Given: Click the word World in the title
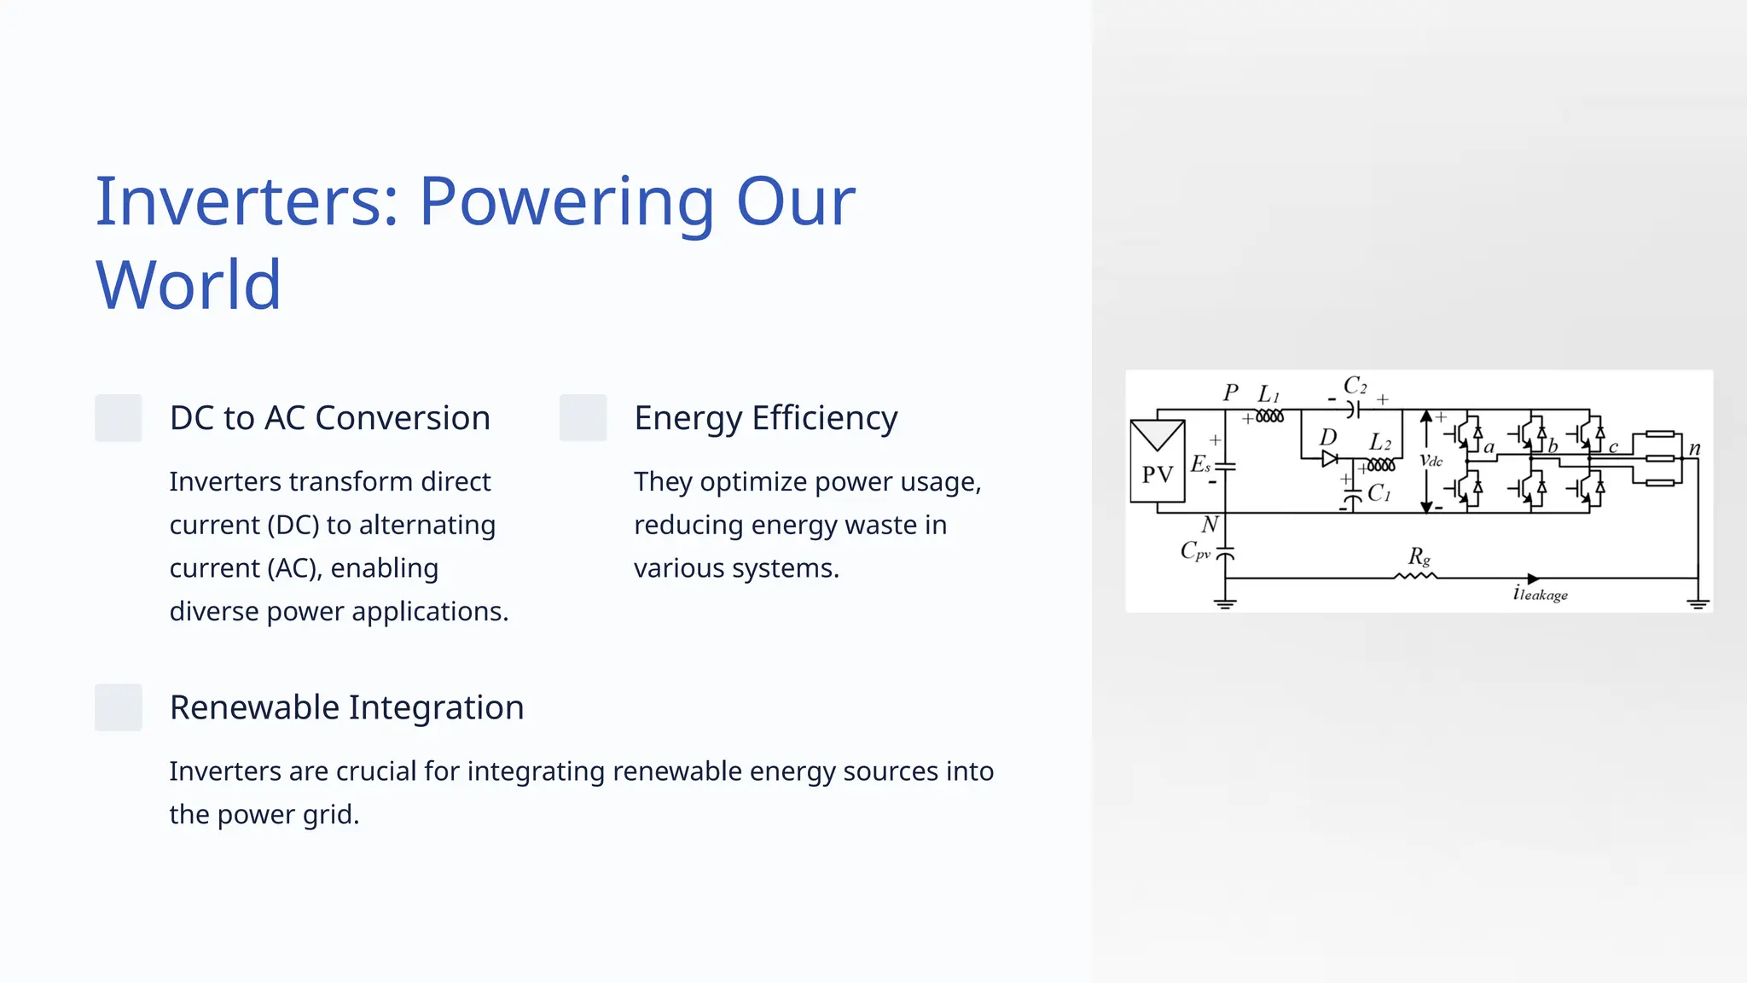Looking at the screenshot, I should point(188,285).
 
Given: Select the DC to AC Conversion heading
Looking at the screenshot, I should point(329,418).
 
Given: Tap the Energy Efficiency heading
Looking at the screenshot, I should point(765,418).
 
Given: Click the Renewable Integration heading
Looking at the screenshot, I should point(346,707).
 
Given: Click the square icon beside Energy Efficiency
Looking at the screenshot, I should point(583,418).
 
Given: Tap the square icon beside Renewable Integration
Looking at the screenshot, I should point(118,707).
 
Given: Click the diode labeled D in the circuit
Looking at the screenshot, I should point(1329,459).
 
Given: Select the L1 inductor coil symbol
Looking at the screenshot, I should point(1269,416).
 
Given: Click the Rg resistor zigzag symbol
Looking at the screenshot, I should point(1415,577).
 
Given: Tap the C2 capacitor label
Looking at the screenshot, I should point(1355,386).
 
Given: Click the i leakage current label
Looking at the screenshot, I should point(1540,594).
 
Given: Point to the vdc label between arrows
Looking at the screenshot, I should point(1431,461).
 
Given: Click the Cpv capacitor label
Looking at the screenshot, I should point(1195,551).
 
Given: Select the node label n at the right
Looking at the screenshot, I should point(1694,448).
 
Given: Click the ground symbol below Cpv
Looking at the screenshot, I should point(1225,604).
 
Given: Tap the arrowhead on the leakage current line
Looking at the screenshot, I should point(1533,579).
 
